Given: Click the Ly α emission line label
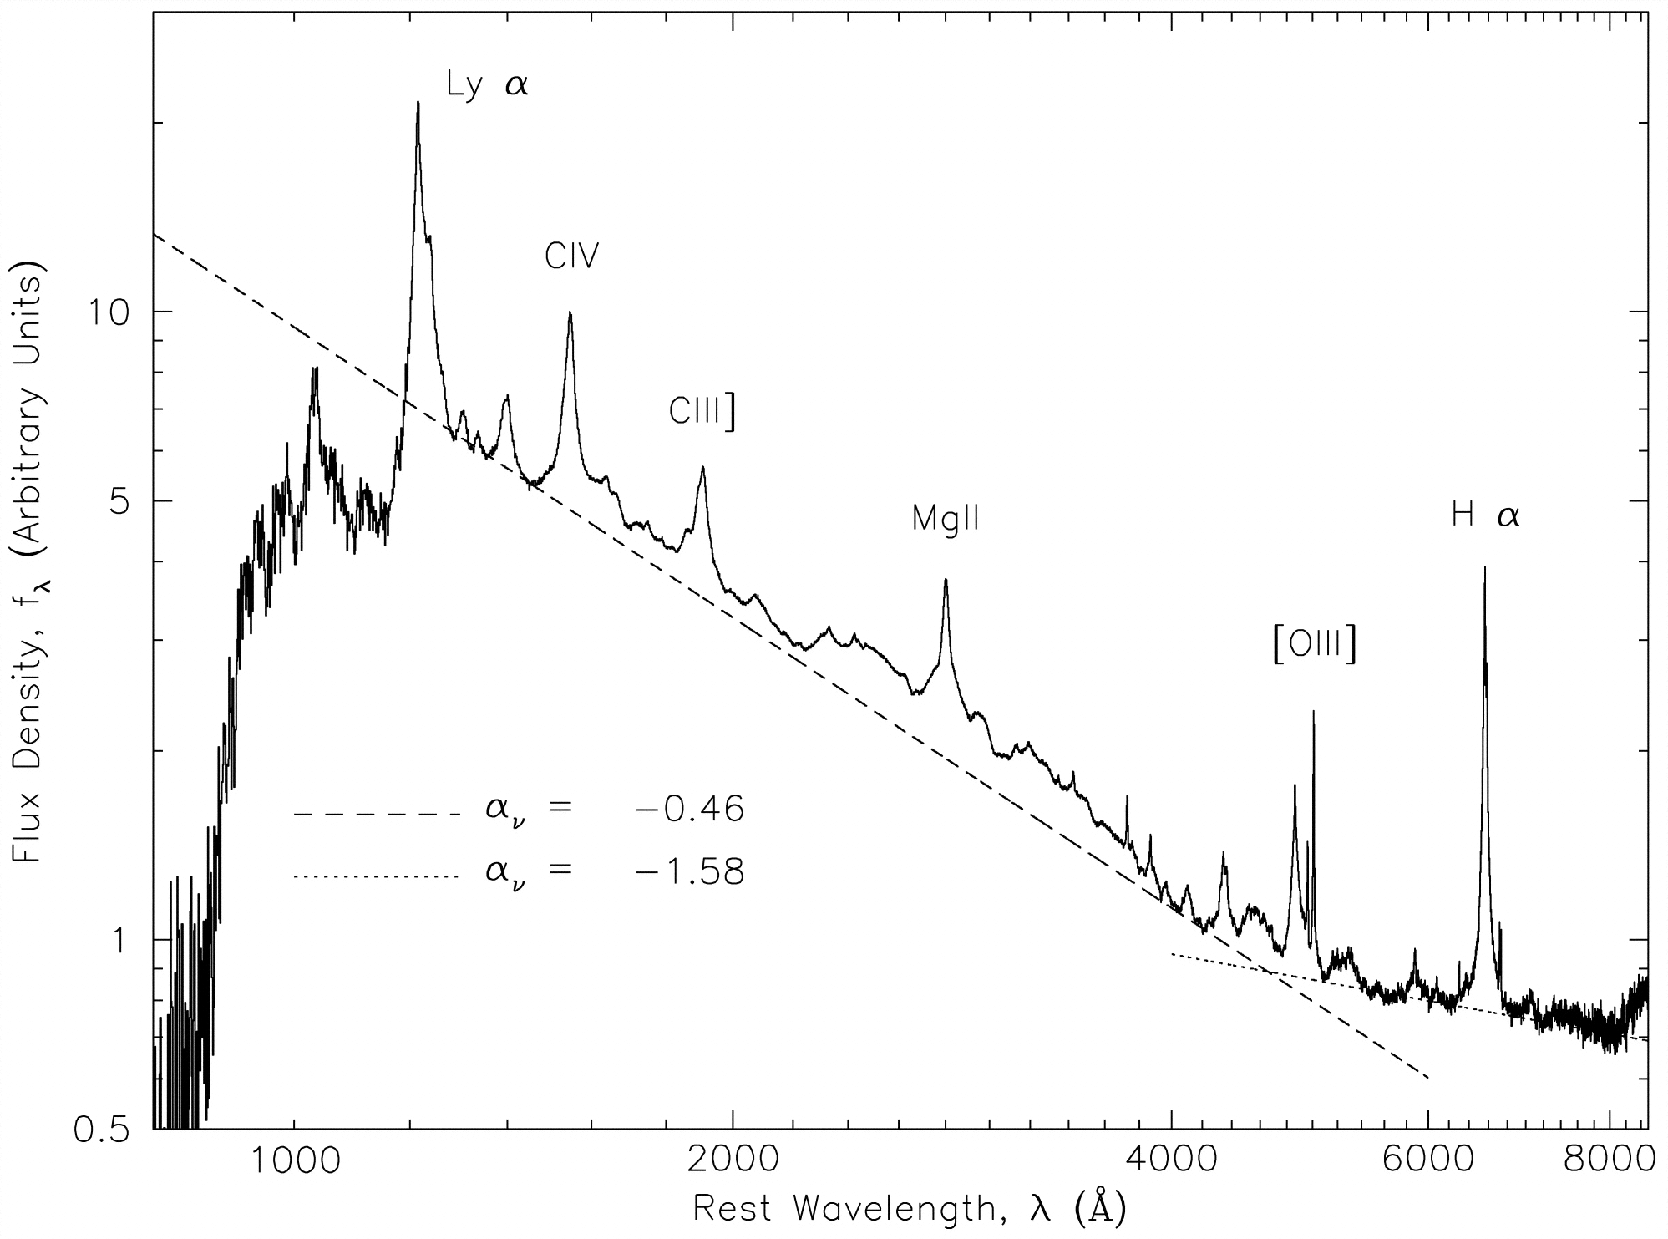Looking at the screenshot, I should [x=487, y=85].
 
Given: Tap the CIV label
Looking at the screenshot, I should [x=572, y=256].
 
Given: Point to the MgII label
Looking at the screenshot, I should [x=946, y=519].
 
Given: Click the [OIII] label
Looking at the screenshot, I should [x=1314, y=646].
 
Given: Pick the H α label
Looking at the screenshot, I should [x=1485, y=516].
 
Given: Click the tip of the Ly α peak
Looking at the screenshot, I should [x=418, y=102].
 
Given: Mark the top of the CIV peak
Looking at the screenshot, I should [x=570, y=312].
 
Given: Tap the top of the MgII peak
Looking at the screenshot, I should [x=946, y=579].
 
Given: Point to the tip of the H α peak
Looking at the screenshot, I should [x=1484, y=567].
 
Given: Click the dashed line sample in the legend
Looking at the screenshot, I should [x=376, y=813].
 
